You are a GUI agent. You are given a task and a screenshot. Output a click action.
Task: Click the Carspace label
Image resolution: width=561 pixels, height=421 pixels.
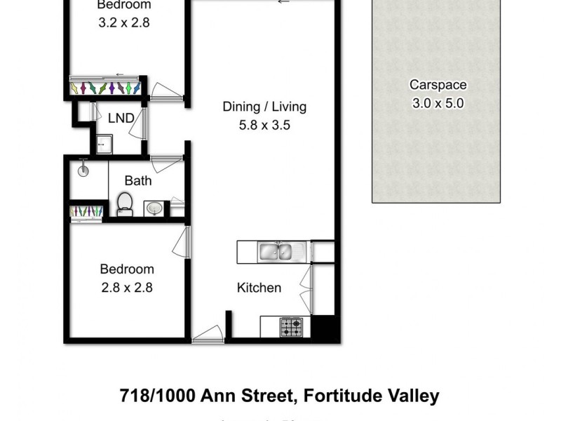click(438, 85)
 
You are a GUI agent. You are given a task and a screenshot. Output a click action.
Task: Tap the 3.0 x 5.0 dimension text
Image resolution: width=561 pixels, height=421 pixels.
click(438, 103)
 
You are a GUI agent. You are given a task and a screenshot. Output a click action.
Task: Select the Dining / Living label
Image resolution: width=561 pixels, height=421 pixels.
click(264, 107)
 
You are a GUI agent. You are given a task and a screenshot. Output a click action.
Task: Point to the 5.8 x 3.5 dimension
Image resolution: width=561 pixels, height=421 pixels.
click(265, 126)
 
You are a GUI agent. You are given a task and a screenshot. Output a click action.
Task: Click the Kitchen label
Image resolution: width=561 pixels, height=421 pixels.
click(259, 288)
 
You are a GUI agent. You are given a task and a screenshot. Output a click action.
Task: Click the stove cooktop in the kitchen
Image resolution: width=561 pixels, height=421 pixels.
click(291, 327)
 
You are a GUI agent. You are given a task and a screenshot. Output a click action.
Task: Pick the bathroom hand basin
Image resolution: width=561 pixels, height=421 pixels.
click(154, 208)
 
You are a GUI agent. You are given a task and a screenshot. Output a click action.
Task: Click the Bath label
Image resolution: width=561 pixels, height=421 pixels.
click(138, 181)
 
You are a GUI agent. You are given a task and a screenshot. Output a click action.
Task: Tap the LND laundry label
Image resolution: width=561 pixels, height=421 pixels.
click(121, 118)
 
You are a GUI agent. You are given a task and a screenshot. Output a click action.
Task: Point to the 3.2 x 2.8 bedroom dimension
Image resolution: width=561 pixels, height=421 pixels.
click(123, 22)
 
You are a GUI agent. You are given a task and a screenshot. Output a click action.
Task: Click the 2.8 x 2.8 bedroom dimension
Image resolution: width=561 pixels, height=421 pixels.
click(126, 287)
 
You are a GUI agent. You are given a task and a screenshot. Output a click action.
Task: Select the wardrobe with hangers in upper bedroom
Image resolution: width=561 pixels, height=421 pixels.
click(105, 88)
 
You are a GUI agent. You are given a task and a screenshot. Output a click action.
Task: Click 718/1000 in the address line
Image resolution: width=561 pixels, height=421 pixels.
click(156, 396)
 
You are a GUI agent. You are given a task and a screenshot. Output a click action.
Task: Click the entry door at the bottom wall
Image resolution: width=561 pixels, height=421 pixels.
click(208, 335)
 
